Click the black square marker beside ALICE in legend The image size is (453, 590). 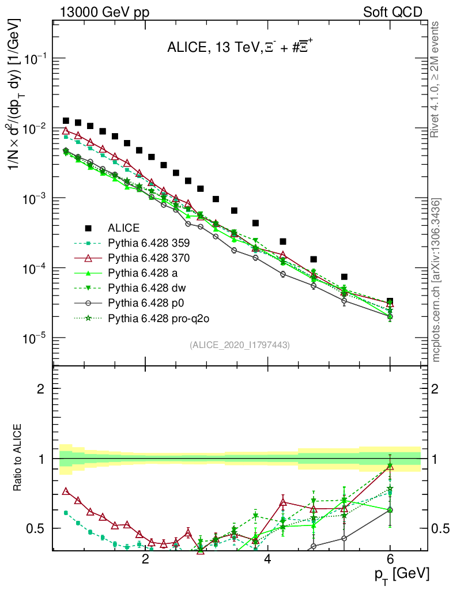coord(88,228)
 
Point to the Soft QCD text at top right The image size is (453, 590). coord(392,12)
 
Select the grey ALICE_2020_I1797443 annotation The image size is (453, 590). coord(239,345)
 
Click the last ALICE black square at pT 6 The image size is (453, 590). coord(390,301)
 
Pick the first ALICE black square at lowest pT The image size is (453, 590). coord(66,121)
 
